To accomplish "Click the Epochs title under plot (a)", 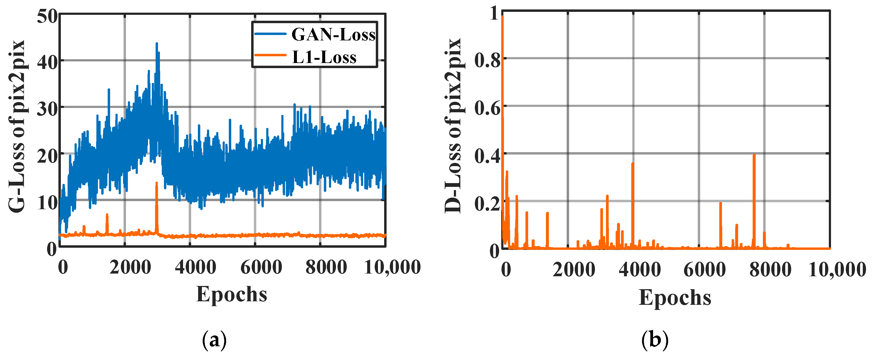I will click(232, 294).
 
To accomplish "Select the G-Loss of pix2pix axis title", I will click(17, 126).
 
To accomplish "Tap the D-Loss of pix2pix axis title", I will click(453, 126).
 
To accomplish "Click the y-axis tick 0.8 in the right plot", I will click(487, 61).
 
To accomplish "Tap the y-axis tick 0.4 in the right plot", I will click(487, 156).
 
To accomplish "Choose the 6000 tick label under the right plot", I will click(704, 270).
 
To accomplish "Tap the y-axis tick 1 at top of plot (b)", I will click(495, 14).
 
